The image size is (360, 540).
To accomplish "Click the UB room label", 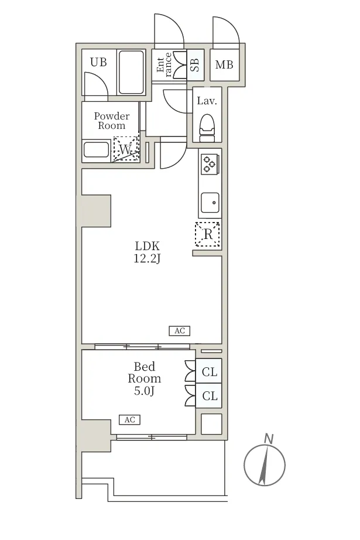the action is (x=98, y=62).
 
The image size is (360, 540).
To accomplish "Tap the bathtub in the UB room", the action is (x=131, y=72).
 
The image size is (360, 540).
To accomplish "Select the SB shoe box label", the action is (x=195, y=65).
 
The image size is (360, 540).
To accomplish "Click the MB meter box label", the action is (x=224, y=64).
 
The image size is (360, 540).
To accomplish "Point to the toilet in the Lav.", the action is (x=207, y=128).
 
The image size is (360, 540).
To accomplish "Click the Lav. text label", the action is (x=207, y=101).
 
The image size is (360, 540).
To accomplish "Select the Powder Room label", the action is (x=111, y=121).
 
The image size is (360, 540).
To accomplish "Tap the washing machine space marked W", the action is (x=126, y=148).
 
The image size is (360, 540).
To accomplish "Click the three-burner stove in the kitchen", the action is (x=210, y=163).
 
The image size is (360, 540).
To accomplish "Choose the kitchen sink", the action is (x=210, y=203).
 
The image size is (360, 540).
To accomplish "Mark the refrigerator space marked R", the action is (x=208, y=234).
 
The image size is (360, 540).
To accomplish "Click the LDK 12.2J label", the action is (x=147, y=252).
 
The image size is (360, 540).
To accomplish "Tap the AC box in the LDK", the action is (x=179, y=330).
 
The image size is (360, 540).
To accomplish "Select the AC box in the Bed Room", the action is (x=129, y=419).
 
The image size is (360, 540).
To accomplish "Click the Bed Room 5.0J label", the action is (x=144, y=378).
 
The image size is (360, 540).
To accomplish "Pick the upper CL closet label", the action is (x=210, y=372).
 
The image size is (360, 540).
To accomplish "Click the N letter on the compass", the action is (x=269, y=439).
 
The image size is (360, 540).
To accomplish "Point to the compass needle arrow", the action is (x=263, y=465).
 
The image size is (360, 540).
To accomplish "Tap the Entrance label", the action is (x=164, y=64).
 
